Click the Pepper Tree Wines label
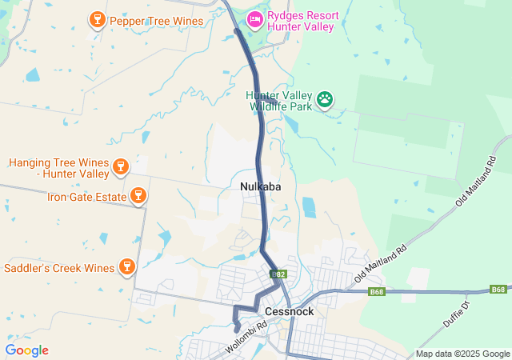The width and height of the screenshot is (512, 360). (x=155, y=20)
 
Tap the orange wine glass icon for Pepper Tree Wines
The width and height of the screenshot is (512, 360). (x=97, y=18)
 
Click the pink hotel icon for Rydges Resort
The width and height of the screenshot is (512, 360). (x=255, y=18)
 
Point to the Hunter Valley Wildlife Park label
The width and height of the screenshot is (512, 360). (x=278, y=101)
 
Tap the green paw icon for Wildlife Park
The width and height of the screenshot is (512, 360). (x=326, y=99)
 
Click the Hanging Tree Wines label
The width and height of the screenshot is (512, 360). (x=58, y=167)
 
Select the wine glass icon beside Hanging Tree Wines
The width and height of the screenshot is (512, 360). (x=120, y=166)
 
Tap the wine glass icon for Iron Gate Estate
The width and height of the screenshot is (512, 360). (x=138, y=195)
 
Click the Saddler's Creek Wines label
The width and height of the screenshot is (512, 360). (x=58, y=266)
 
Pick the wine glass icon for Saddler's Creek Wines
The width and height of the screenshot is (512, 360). (x=126, y=266)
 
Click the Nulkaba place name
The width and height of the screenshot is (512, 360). (x=260, y=186)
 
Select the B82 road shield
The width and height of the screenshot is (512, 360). (x=278, y=274)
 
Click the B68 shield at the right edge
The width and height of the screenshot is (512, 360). (x=498, y=289)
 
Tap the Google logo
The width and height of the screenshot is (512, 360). (x=26, y=350)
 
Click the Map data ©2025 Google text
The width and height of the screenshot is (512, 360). (x=462, y=354)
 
